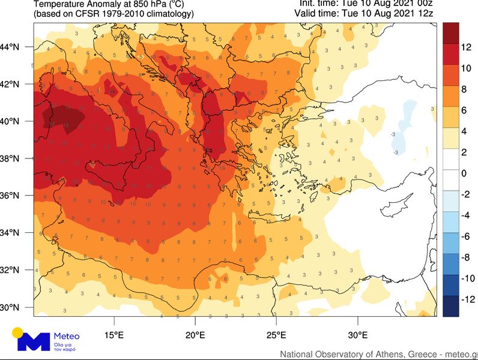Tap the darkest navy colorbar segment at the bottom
tap(451, 306)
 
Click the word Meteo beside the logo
tap(66, 336)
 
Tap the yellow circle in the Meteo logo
tap(18, 332)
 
